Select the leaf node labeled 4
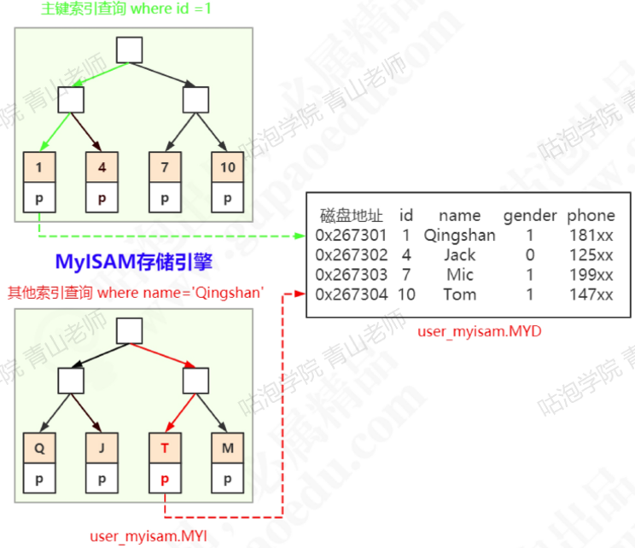coord(102,168)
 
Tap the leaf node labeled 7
coord(164,168)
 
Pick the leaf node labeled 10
coord(227,168)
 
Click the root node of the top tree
coord(130,50)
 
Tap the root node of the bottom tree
coord(130,331)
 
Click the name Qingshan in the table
coord(459,236)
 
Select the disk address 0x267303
coord(351,275)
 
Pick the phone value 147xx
coord(591,295)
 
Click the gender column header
coord(529,216)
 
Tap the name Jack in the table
coord(459,255)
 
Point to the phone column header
coord(591,216)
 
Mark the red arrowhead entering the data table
coord(300,294)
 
